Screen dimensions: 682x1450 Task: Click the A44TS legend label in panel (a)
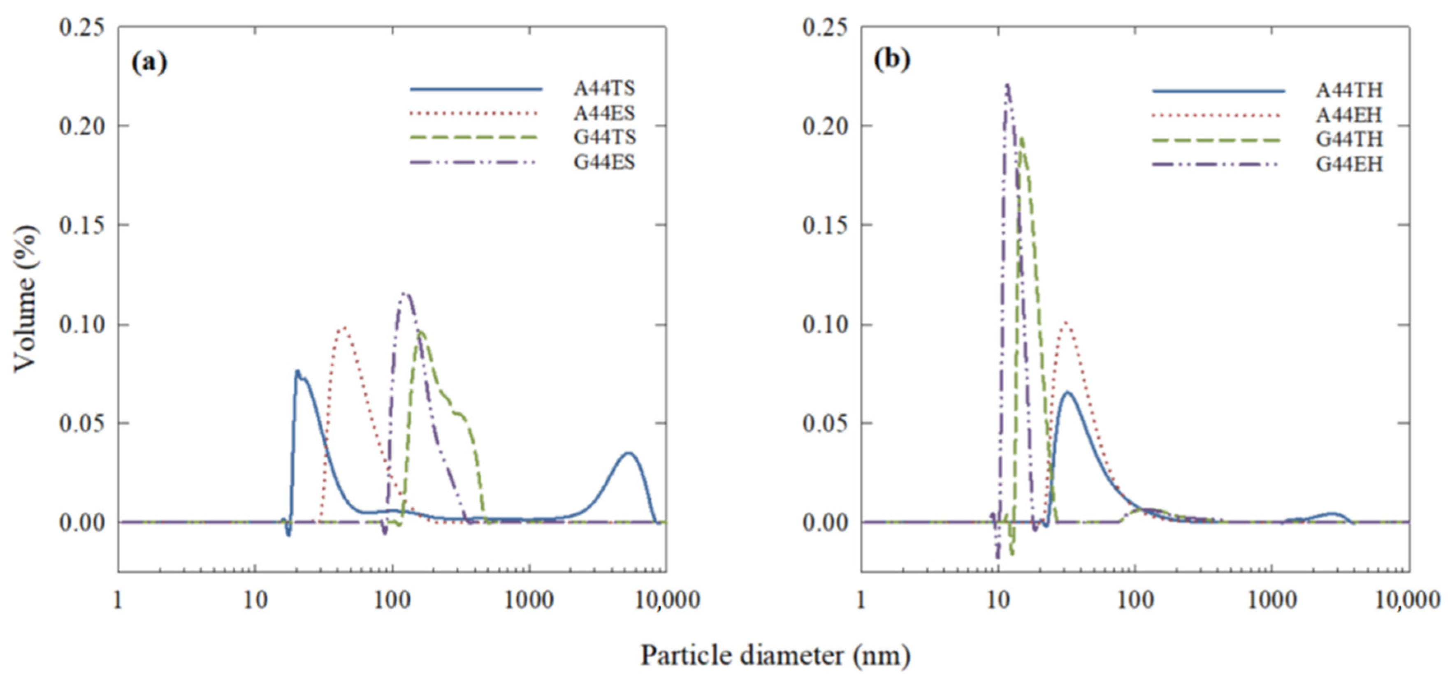(604, 88)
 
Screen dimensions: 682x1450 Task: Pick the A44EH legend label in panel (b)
(1349, 115)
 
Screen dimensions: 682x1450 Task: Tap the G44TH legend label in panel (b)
(1349, 139)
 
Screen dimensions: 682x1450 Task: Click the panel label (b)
(892, 60)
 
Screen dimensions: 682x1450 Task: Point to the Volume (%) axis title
(26, 298)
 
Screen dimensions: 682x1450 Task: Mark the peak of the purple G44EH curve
(1007, 85)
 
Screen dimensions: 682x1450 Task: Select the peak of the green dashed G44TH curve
(1021, 137)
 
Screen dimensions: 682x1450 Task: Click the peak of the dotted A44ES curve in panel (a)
(343, 328)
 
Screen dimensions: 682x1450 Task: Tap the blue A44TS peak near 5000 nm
(629, 453)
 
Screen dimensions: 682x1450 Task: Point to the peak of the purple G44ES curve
(405, 293)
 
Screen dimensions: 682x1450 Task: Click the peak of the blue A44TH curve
(1067, 392)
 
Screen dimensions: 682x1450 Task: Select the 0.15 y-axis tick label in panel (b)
(825, 225)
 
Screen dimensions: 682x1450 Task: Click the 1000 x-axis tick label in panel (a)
(529, 601)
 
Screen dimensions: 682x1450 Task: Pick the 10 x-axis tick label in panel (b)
(998, 601)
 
